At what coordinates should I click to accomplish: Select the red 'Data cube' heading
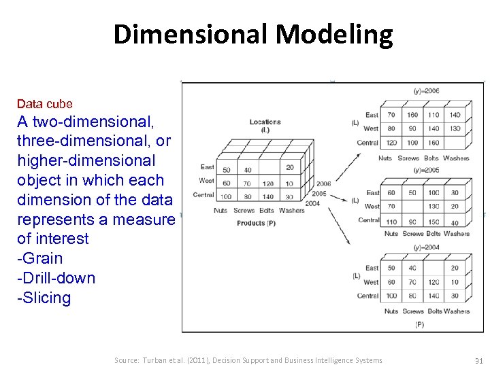[44, 104]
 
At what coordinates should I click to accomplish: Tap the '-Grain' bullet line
[40, 258]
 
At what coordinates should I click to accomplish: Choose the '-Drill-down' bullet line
[56, 278]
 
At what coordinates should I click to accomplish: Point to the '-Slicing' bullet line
[44, 298]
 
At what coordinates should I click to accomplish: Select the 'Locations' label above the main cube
[265, 122]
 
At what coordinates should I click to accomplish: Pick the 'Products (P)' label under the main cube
[256, 222]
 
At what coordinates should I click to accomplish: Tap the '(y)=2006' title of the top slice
[427, 91]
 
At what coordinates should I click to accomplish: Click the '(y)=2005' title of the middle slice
[427, 170]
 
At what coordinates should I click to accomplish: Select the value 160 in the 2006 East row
[412, 115]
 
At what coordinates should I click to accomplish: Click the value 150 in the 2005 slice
[434, 222]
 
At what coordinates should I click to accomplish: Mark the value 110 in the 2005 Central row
[391, 222]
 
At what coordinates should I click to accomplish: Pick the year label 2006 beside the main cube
[323, 184]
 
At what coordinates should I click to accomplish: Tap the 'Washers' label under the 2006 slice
[456, 158]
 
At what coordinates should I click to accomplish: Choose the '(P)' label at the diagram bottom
[419, 325]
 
